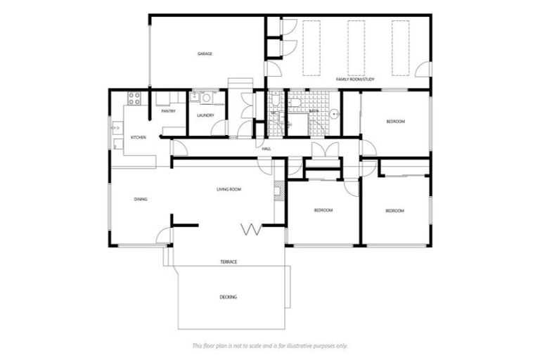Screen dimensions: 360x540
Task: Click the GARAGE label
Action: point(205,54)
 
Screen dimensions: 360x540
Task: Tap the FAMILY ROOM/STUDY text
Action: point(355,79)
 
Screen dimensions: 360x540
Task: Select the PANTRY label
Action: point(168,111)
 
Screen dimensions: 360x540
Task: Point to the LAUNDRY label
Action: point(205,115)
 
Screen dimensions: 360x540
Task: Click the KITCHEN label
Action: point(138,137)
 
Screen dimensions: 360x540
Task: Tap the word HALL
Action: point(266,149)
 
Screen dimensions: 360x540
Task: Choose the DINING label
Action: point(141,200)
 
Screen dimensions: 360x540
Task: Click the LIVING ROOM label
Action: point(229,189)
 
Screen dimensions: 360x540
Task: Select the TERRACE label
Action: point(229,262)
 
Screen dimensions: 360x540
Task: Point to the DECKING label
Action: point(228,297)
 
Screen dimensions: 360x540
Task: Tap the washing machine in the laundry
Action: point(196,98)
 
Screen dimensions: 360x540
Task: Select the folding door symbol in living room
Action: point(251,229)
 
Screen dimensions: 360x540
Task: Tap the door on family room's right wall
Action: point(424,69)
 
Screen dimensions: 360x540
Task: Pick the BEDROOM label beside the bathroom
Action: point(395,122)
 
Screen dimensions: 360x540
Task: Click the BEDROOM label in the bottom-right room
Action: point(394,211)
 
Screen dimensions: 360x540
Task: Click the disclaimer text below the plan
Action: point(270,346)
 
